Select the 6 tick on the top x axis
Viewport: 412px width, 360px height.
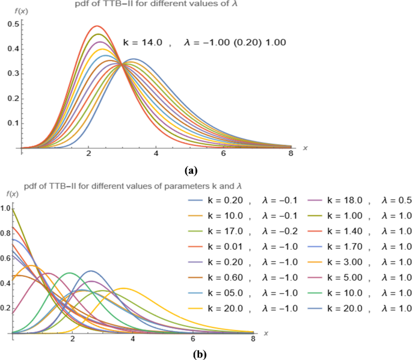coord(224,154)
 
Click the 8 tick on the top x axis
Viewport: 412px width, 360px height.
coord(291,154)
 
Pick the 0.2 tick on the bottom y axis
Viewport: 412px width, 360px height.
coord(5,308)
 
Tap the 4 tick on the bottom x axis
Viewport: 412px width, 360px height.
coord(133,340)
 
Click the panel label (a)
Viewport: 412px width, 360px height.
coord(206,169)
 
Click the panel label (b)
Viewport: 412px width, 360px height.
coord(199,354)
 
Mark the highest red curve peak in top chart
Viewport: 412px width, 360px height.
coord(96,26)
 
